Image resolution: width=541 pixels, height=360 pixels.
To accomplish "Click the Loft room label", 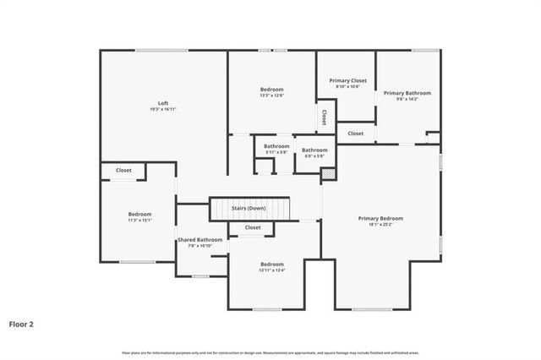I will click(x=163, y=103).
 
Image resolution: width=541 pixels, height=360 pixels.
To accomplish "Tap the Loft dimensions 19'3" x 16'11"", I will click(x=163, y=109).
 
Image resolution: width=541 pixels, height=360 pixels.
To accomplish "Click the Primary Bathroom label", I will click(x=407, y=93).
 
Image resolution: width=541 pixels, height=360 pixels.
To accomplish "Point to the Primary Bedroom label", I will click(x=380, y=218).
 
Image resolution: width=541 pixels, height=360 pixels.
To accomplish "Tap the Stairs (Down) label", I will click(x=249, y=208).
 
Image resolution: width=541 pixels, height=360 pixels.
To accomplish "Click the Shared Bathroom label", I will click(x=199, y=240).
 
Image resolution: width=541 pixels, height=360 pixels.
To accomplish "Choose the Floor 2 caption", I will click(x=21, y=323).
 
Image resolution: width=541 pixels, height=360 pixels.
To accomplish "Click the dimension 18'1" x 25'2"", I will click(x=380, y=224).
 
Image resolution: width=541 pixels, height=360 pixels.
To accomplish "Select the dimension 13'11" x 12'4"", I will click(x=272, y=270).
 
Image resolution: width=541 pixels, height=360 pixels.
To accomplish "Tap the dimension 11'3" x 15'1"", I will click(x=139, y=220).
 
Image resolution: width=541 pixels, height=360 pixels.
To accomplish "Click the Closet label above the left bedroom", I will click(x=123, y=171).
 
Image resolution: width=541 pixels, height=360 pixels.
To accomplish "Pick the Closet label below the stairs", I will click(x=253, y=227).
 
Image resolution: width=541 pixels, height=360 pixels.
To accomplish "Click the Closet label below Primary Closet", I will click(x=356, y=133).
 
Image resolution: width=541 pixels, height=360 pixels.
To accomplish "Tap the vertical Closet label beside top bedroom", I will click(x=323, y=117).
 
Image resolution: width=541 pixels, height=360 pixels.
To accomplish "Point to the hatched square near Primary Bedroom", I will click(x=327, y=174).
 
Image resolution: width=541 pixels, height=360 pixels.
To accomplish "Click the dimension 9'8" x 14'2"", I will click(x=407, y=99).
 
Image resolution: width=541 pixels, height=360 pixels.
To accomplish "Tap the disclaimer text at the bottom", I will click(x=270, y=352).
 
